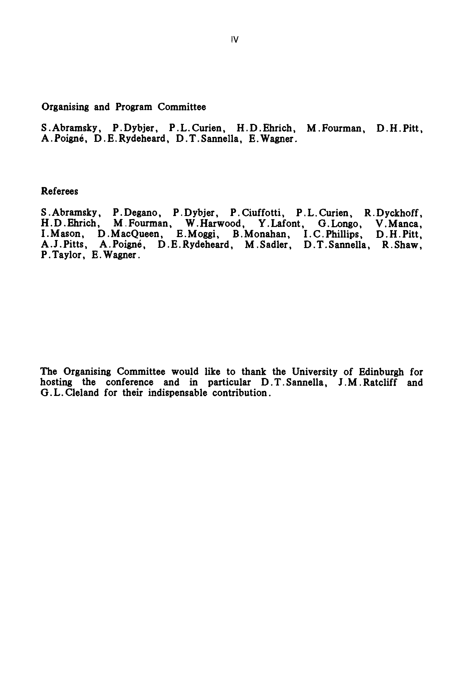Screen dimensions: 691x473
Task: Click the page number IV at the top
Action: pos(235,40)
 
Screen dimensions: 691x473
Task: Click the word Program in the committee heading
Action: pos(134,107)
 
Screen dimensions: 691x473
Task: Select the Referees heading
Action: pos(59,191)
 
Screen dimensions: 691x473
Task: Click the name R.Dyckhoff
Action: pos(393,213)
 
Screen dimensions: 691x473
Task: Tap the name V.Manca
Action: pos(399,223)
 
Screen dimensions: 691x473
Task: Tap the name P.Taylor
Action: pos(61,255)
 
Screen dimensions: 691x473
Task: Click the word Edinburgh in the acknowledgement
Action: pos(381,372)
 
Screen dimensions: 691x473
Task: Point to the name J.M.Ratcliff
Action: pos(368,382)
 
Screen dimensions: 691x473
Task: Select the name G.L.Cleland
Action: pos(70,393)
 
